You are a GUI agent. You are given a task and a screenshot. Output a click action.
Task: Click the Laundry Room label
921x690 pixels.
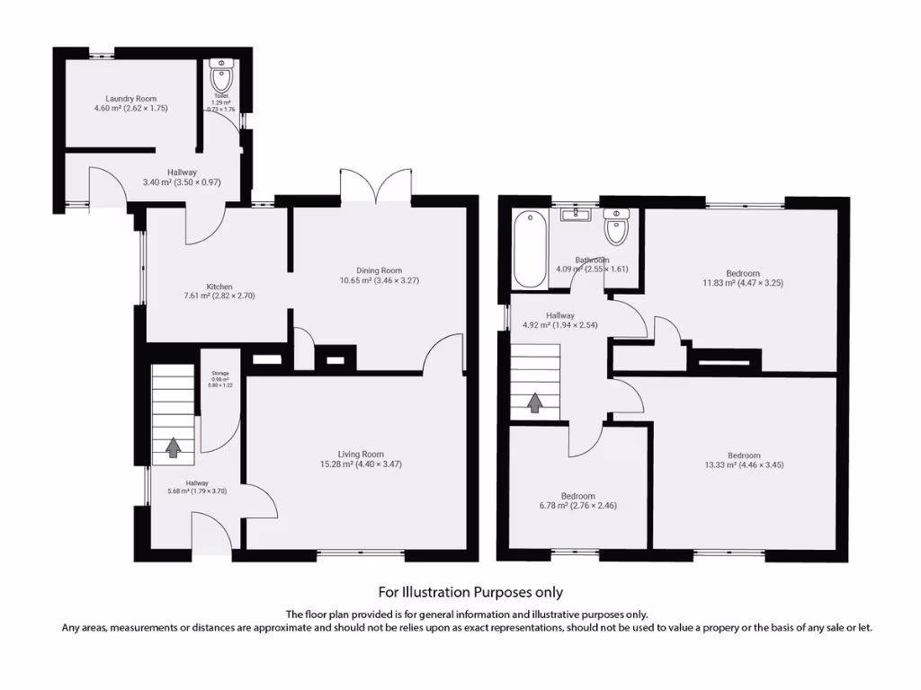(131, 99)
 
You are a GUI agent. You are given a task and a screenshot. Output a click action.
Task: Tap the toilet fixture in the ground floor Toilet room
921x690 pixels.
(221, 78)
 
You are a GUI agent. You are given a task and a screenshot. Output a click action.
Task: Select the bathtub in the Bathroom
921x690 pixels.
(530, 249)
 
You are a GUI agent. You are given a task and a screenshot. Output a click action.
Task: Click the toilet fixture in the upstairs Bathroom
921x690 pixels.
(617, 228)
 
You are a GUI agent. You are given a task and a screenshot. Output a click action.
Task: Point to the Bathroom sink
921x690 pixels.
(572, 215)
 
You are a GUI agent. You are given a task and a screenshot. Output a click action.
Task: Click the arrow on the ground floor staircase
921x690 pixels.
(173, 446)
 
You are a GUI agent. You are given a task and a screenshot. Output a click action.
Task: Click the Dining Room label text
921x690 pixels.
(379, 270)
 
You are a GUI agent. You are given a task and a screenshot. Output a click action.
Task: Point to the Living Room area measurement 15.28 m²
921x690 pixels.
(336, 464)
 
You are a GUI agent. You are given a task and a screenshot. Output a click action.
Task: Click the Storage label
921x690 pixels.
(220, 373)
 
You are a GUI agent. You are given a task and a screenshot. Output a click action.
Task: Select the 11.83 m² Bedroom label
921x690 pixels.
(743, 273)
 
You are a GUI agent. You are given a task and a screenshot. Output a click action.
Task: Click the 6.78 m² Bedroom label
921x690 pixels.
(577, 496)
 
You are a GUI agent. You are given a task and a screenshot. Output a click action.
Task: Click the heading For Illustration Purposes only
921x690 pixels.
(469, 592)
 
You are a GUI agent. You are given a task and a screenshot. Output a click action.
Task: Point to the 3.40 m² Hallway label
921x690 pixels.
(182, 172)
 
